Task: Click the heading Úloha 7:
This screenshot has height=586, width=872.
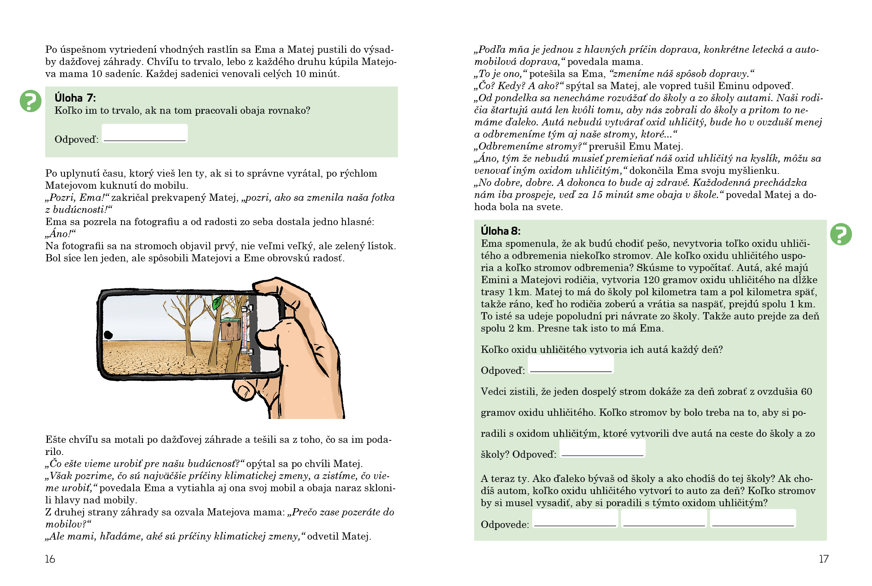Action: click(x=75, y=98)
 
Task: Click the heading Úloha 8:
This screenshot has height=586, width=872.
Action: click(x=500, y=231)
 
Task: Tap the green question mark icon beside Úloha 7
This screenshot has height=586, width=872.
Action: click(x=31, y=101)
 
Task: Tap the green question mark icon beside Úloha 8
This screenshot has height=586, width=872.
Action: click(x=841, y=234)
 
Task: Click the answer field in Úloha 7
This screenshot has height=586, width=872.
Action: click(x=144, y=133)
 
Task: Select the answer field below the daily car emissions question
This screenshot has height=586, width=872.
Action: click(x=571, y=364)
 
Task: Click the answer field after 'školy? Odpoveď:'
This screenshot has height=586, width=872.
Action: click(x=602, y=448)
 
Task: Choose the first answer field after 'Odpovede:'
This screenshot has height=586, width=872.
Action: click(x=575, y=518)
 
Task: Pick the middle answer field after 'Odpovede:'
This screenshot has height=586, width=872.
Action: click(x=664, y=518)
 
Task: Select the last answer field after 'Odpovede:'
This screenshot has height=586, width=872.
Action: click(x=753, y=518)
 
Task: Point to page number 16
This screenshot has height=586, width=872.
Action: click(x=50, y=559)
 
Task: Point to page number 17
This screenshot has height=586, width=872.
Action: click(x=823, y=559)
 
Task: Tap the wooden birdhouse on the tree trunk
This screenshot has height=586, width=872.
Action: click(x=230, y=329)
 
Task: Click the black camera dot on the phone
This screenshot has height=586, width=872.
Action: click(x=108, y=334)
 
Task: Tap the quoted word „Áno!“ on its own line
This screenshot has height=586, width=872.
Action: click(x=61, y=234)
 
